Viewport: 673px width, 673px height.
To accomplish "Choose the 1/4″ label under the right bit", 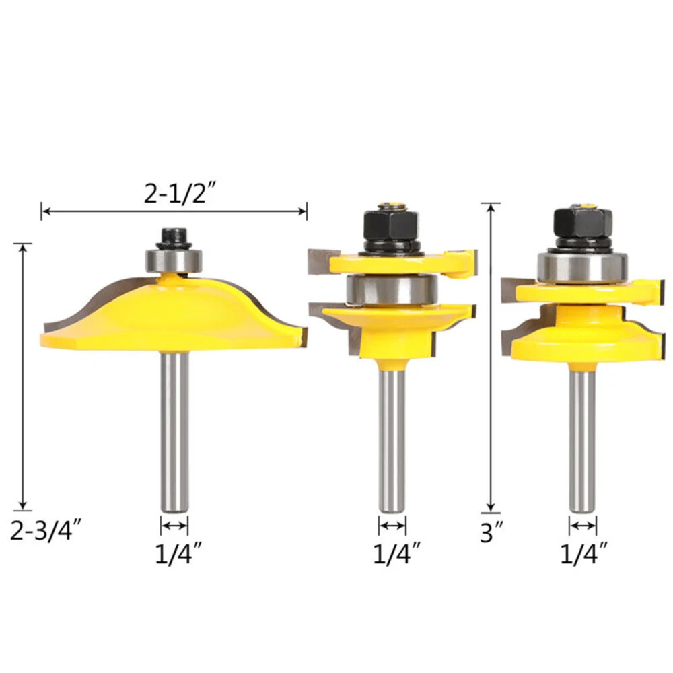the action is point(583,554).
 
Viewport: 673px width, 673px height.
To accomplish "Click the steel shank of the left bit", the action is point(175,432).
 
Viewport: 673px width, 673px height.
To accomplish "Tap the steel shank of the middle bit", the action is point(392,440).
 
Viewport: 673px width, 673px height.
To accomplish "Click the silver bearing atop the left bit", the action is point(173,260).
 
